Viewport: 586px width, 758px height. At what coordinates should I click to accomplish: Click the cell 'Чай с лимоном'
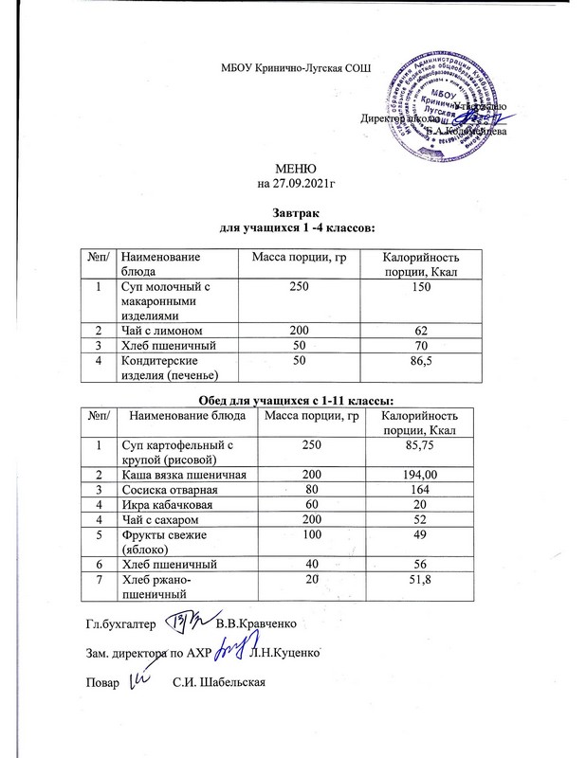click(158, 329)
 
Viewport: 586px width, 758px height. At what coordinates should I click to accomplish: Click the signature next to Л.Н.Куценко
click(229, 651)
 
